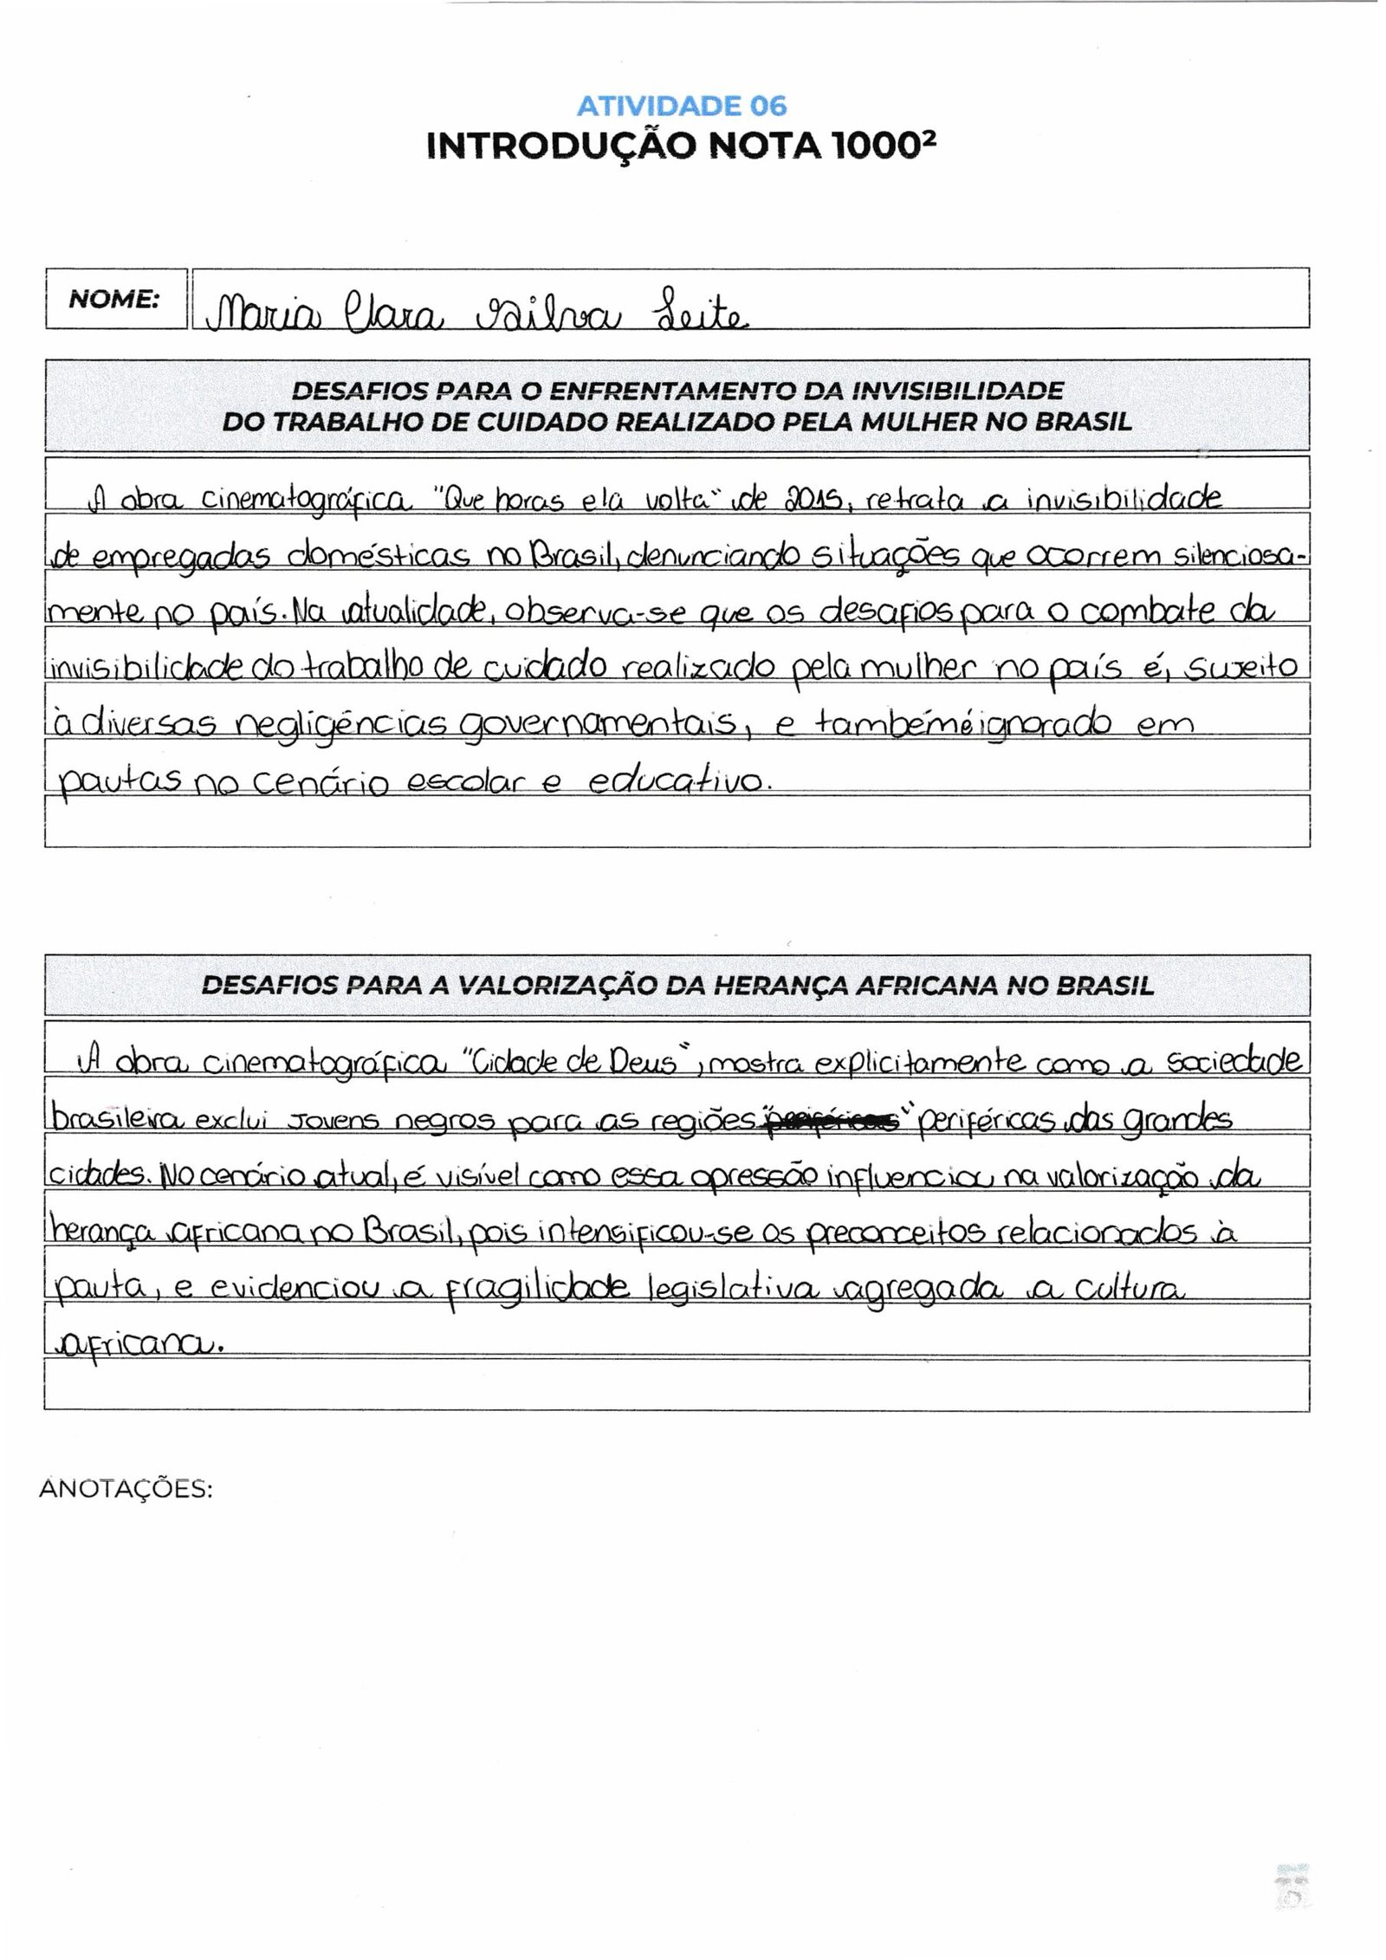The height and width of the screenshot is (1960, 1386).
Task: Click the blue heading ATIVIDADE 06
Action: pyautogui.click(x=682, y=107)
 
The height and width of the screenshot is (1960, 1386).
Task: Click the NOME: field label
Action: pyautogui.click(x=113, y=300)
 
